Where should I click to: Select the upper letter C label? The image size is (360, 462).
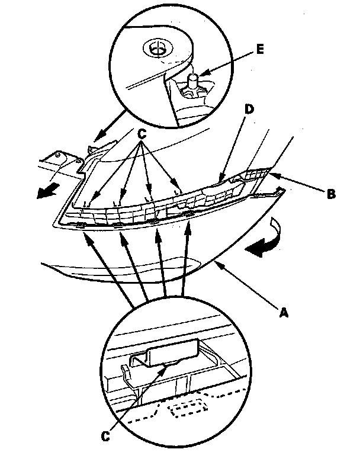[142, 134]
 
